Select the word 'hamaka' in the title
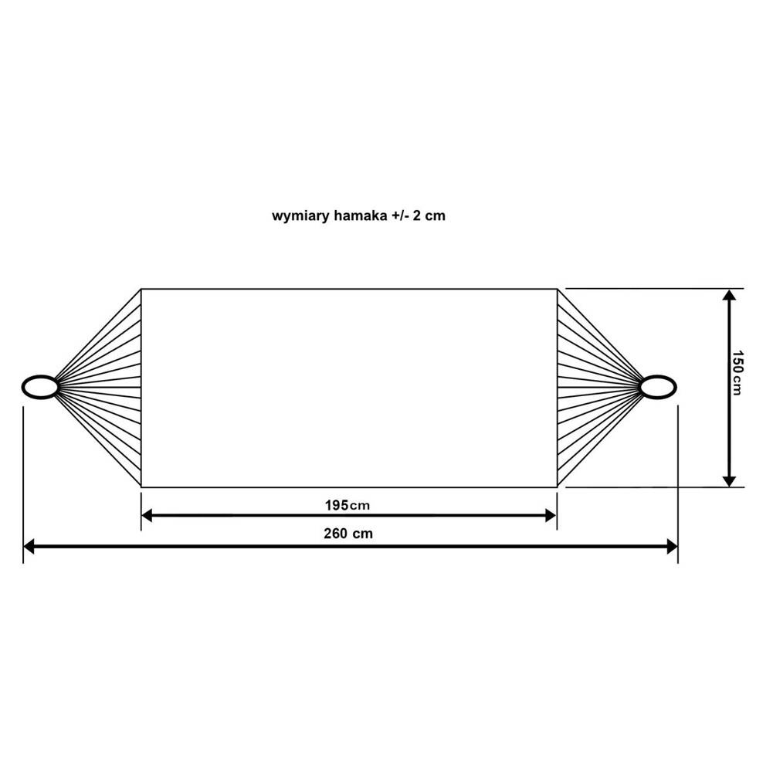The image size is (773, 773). pyautogui.click(x=361, y=215)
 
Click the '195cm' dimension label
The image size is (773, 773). pyautogui.click(x=347, y=505)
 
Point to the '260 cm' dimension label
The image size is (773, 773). pyautogui.click(x=348, y=534)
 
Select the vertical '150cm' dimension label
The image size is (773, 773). pyautogui.click(x=737, y=373)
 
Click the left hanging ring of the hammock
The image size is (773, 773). pyautogui.click(x=40, y=387)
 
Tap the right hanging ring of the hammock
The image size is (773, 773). pyautogui.click(x=658, y=387)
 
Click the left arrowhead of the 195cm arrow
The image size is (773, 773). pyautogui.click(x=147, y=516)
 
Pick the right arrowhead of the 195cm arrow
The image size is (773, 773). pyautogui.click(x=551, y=516)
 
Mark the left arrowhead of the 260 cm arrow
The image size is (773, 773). pyautogui.click(x=29, y=546)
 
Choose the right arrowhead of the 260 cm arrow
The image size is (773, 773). pyautogui.click(x=672, y=546)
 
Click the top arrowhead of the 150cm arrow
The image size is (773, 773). pyautogui.click(x=729, y=295)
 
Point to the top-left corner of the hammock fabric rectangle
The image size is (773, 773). pyautogui.click(x=141, y=290)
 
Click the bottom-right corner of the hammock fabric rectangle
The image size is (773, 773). pyautogui.click(x=557, y=487)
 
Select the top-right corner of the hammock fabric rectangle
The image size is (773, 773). pyautogui.click(x=557, y=290)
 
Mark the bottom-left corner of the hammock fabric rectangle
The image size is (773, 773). pyautogui.click(x=141, y=487)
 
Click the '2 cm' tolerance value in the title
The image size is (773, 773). pyautogui.click(x=429, y=215)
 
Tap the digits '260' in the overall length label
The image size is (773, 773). pyautogui.click(x=335, y=534)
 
